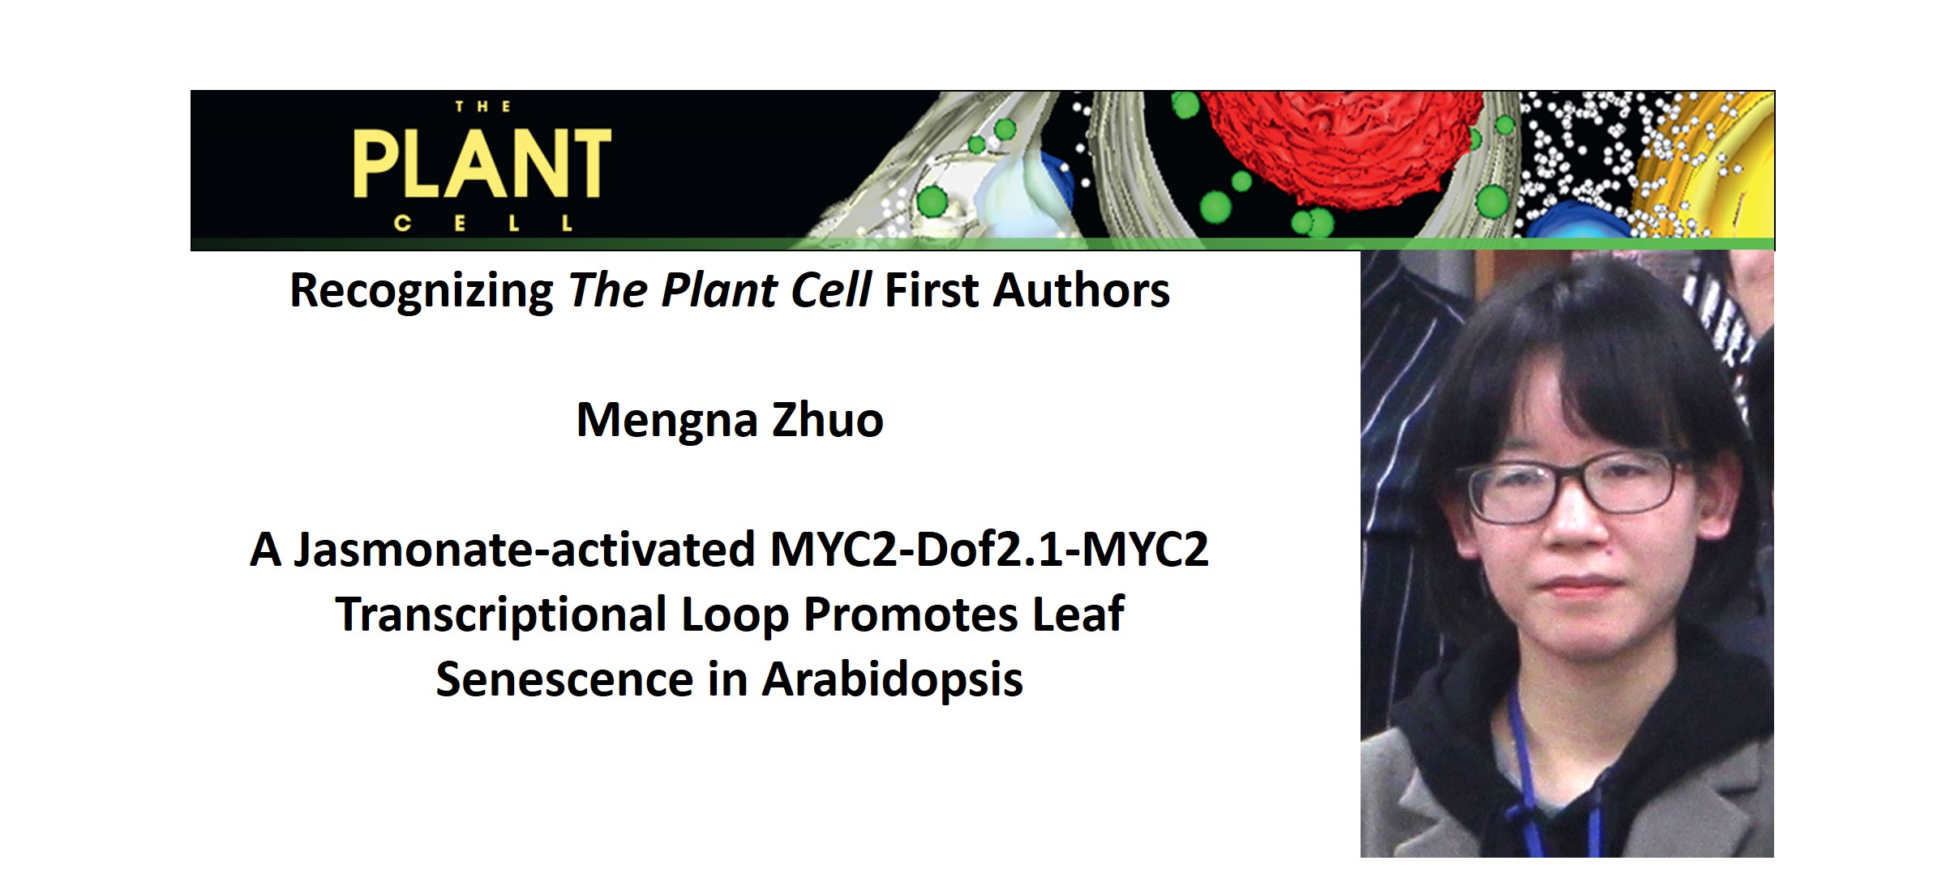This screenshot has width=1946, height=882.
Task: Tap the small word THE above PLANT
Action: tap(483, 106)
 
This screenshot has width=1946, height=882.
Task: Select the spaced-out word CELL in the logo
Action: tap(483, 223)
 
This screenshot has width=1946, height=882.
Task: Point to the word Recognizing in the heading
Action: tap(422, 292)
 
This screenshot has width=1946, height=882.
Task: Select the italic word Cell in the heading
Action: tap(831, 290)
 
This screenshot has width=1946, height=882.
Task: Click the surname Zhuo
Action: tap(828, 420)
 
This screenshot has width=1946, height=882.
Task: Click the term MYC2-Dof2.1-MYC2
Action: tap(989, 550)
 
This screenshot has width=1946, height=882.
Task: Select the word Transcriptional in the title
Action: tap(501, 614)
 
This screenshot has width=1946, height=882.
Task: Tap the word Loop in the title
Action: tap(735, 615)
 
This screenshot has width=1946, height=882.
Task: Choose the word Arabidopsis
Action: tap(892, 679)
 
